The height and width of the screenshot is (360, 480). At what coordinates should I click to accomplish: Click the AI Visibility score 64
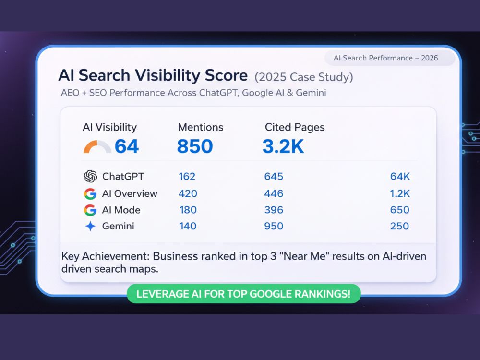coord(126,146)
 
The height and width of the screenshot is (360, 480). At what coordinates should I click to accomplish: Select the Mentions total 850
coord(195,146)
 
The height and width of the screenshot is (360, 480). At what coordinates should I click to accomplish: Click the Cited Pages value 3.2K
coord(283,146)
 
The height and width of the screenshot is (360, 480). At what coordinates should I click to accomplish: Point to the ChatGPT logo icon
coord(90,176)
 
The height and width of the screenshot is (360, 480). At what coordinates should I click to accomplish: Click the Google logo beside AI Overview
coord(90,194)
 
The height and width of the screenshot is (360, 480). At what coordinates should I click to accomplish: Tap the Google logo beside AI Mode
coord(90,210)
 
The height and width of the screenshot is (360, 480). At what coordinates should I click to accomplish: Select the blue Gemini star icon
coord(90,226)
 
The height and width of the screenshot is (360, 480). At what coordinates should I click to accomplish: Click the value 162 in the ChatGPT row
coord(187,176)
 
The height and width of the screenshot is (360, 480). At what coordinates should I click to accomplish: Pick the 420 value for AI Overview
coord(188,193)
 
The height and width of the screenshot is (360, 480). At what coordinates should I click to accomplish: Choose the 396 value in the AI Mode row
coord(274,210)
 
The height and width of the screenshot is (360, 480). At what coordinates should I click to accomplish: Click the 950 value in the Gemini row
coord(274,226)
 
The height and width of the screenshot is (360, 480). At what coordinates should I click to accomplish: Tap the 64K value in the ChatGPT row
coord(400,176)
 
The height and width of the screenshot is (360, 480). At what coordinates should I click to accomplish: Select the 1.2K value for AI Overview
coord(400,193)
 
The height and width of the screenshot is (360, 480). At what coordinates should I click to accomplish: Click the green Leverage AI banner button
coord(244,294)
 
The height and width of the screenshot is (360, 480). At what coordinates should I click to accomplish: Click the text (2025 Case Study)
coord(304,77)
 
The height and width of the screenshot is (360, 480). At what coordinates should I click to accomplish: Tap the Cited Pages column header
coord(295,127)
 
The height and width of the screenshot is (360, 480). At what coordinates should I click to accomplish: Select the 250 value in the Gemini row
coord(399,226)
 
